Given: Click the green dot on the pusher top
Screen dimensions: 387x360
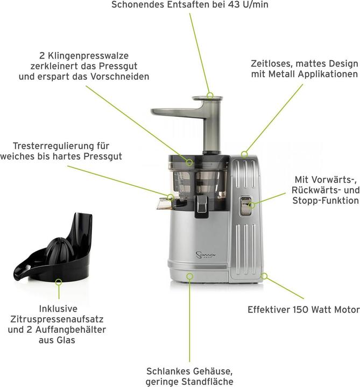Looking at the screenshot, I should [210, 96].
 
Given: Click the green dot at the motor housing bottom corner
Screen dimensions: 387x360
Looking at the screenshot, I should [264, 276].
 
